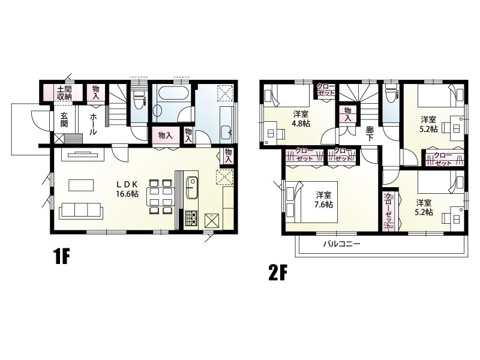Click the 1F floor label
pos(62,256)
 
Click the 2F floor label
pos(277,273)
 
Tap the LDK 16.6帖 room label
pos(127,189)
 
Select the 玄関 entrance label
pos(64,120)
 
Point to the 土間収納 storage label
pos(64,93)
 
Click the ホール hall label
pos(94,124)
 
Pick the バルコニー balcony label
pos(342,244)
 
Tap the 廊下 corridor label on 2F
pos(370,133)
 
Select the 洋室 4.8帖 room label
pos(301,118)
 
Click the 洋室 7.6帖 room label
pos(324,199)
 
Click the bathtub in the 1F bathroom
pos(171,92)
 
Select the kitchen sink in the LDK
pos(191,187)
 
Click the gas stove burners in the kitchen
pos(191,218)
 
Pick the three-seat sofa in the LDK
pos(81,211)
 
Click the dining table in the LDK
pos(160,197)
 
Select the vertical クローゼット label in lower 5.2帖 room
pos(389,211)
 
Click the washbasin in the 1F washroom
pos(226,131)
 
